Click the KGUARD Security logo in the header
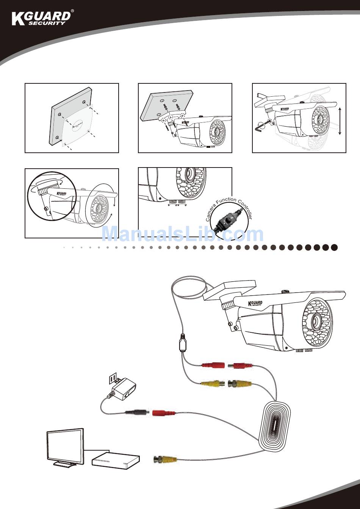pos(41,18)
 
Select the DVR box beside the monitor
pos(116,460)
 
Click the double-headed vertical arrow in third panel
pos(340,121)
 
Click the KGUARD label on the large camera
pos(255,303)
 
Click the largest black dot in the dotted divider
pos(334,247)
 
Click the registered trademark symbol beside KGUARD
pos(72,11)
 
